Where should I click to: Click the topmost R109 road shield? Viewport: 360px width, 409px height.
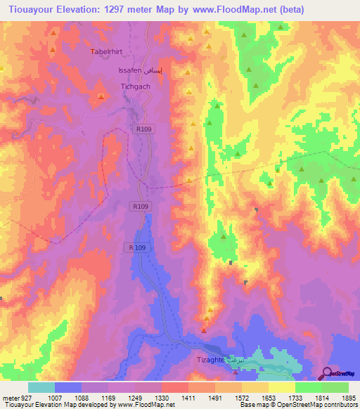(143, 129)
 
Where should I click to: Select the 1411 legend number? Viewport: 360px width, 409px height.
(188, 397)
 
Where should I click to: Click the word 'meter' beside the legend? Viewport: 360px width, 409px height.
(10, 397)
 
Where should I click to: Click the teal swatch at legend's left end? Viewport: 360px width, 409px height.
(41, 387)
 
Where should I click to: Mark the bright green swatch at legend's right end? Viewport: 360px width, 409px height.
(335, 387)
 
